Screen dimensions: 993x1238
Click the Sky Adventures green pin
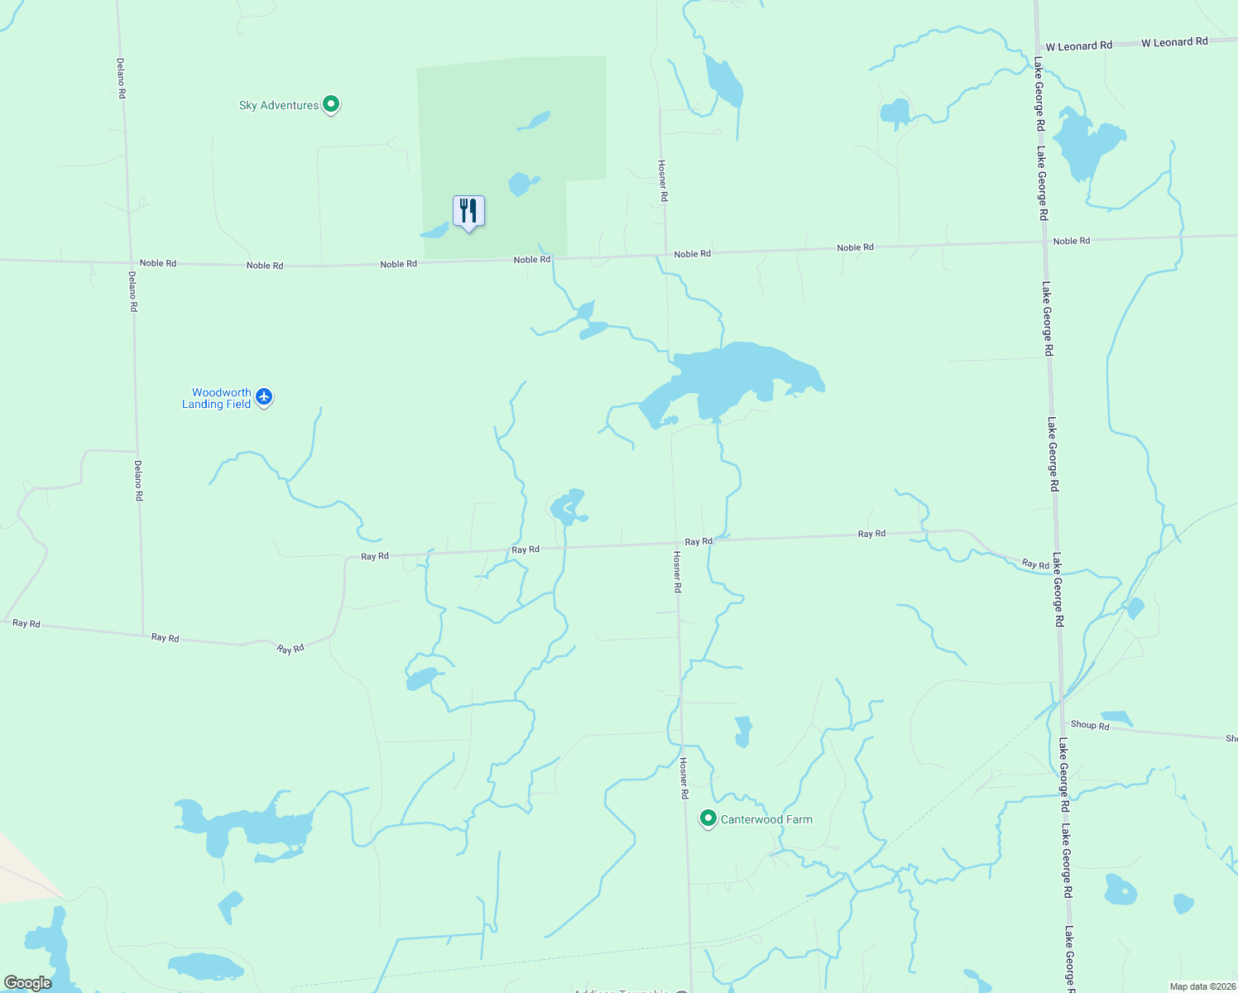pos(331,104)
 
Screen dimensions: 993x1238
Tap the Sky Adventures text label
pos(278,105)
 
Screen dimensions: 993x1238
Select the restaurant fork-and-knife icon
pos(468,211)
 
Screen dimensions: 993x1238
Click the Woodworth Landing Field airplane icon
pos(264,397)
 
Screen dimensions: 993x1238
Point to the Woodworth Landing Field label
pos(217,398)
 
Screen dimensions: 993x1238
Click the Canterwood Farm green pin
pos(708,818)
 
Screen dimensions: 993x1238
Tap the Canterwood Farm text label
pos(766,819)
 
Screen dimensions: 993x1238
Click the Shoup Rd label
pos(1089,725)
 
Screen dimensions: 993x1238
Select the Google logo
pos(27,983)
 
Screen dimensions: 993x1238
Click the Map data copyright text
pos(1202,986)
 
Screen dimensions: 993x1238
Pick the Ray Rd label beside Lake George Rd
pos(1035,564)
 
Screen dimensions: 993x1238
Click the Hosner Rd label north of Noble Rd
pos(663,180)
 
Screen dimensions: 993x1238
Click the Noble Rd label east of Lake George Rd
pos(1072,241)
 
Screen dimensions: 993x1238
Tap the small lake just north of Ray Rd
pos(569,506)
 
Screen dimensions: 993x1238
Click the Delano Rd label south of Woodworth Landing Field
pos(138,480)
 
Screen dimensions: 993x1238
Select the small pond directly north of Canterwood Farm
pos(743,731)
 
